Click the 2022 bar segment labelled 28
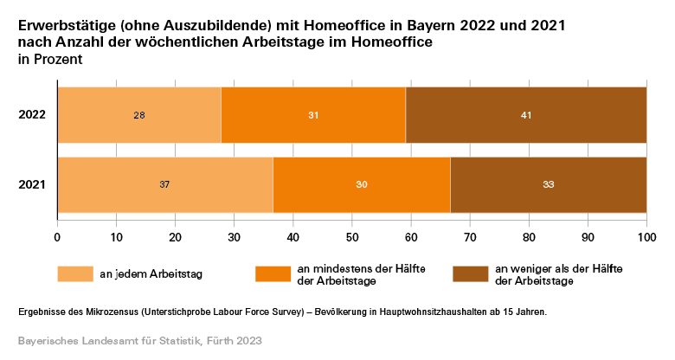point(139,115)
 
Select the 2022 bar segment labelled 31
point(313,115)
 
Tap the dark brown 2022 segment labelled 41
point(525,115)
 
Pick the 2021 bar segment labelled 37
point(165,184)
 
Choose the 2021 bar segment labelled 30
point(362,184)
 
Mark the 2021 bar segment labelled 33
point(548,184)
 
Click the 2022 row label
point(32,115)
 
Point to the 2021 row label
point(32,184)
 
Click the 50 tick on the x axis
point(352,235)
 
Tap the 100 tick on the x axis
point(646,235)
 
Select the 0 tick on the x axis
point(57,235)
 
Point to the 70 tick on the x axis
point(470,235)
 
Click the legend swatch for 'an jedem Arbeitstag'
point(74,274)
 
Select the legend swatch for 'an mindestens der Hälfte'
point(273,274)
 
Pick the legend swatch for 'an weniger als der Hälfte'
point(470,274)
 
